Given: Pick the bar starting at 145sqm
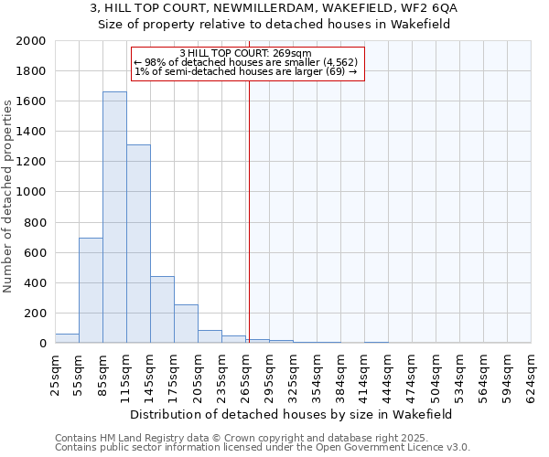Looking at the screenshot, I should pyautogui.click(x=162, y=310).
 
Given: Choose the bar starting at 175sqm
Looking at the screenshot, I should pyautogui.click(x=186, y=324).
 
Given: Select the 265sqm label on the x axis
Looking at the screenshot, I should pyautogui.click(x=245, y=370).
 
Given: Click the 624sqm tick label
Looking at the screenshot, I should pyautogui.click(x=531, y=370).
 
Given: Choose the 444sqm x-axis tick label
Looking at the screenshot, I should pyautogui.click(x=388, y=370).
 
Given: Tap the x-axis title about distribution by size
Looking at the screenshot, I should pyautogui.click(x=293, y=414).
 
